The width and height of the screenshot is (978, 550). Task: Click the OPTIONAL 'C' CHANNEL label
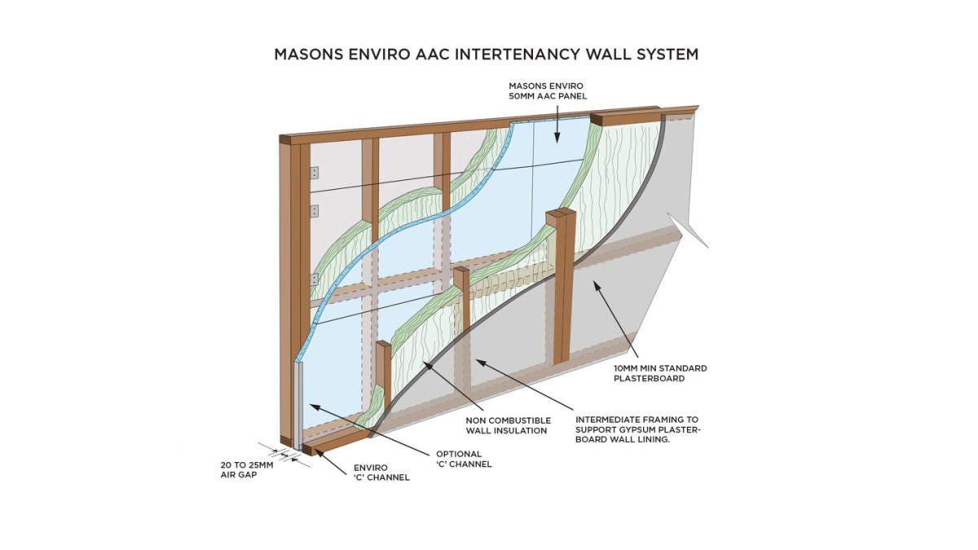pos(464,459)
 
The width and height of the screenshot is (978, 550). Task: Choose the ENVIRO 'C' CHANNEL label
pos(381,473)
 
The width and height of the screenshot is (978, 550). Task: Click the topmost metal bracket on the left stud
pos(314,173)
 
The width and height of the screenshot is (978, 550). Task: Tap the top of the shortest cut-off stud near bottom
pos(383,345)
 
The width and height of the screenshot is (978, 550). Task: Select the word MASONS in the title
pos(308,55)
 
